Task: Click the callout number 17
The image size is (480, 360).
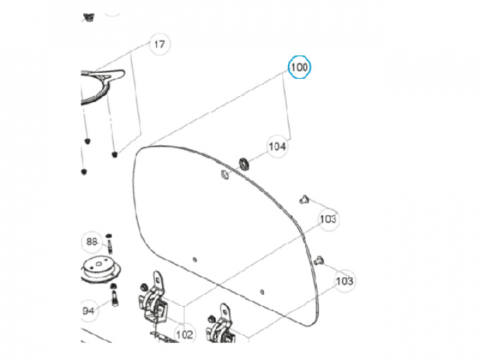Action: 159,45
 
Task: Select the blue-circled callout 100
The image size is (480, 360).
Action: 299,67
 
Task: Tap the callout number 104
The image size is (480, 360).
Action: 277,147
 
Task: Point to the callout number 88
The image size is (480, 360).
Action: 91,242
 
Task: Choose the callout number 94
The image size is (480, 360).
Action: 89,311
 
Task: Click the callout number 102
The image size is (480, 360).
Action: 185,335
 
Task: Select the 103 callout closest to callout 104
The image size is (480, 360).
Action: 328,219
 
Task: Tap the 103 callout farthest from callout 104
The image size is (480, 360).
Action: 345,281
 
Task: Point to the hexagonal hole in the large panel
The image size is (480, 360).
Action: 224,175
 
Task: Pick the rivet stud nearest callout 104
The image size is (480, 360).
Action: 304,199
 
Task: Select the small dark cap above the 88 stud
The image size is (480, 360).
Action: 109,236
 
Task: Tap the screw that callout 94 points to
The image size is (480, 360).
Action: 115,298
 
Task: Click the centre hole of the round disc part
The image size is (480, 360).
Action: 99,264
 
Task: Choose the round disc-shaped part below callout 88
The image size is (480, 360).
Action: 101,270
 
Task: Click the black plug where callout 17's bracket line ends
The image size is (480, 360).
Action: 115,155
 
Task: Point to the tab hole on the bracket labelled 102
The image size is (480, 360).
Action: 158,279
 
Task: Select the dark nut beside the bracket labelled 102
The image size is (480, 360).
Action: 143,287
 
